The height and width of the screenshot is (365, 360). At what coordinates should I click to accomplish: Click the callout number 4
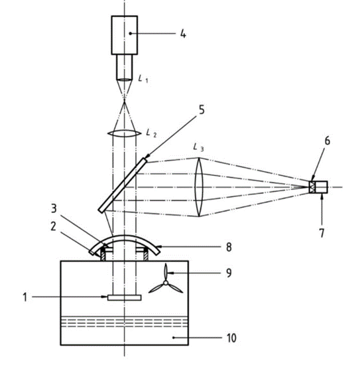point(183,35)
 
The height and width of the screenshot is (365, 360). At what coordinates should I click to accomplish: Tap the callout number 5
point(202,110)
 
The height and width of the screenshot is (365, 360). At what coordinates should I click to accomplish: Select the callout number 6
point(327,141)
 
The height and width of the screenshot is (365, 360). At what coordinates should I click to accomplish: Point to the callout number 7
point(322,233)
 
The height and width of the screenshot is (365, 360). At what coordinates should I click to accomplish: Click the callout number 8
point(229,247)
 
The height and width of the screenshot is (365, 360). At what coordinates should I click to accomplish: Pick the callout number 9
point(229,273)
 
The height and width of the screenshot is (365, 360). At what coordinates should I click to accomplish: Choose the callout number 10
point(231,338)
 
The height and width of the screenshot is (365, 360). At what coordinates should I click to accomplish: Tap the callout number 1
point(25,297)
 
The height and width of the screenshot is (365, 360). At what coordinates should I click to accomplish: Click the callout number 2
point(54,226)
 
